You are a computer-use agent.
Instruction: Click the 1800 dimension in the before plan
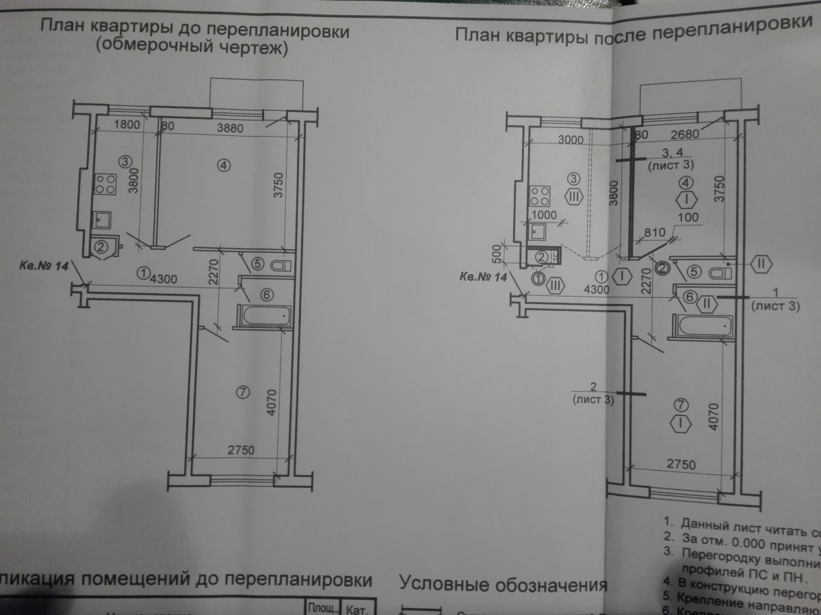coord(127,126)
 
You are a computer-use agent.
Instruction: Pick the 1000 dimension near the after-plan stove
coord(544,215)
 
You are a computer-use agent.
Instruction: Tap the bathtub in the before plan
coord(263,316)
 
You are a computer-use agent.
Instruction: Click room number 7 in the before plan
coord(239,392)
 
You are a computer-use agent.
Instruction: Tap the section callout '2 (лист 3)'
coord(592,394)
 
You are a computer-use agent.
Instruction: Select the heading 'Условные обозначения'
coord(503,586)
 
